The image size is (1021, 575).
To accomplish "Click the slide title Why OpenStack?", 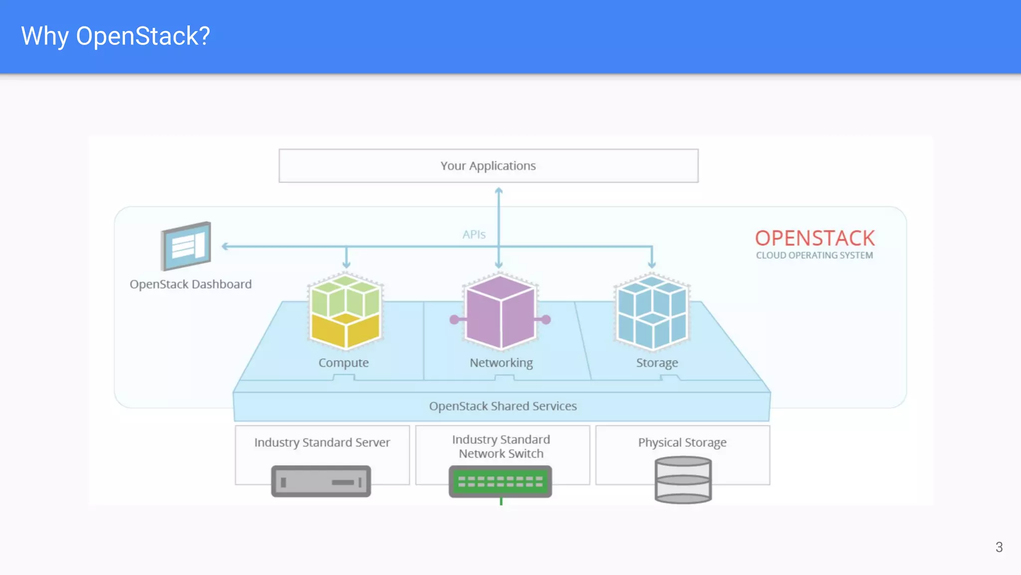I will point(116,36).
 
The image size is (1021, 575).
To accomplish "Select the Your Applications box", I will point(488,166).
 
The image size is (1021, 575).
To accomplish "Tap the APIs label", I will point(474,235).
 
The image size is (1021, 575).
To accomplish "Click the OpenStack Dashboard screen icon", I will point(186,246).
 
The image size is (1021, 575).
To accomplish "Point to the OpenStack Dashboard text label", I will point(190,285).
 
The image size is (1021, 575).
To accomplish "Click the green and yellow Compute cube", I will point(345,311).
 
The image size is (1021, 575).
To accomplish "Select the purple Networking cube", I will point(500,312).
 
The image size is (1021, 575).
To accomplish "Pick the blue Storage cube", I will point(652,311).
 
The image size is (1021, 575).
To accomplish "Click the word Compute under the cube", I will point(343,363).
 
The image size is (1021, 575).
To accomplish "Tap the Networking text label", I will point(501,363).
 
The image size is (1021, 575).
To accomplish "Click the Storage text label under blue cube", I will point(657,363).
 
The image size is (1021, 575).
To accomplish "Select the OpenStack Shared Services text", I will point(503,406).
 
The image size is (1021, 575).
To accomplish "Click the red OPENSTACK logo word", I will point(815,239).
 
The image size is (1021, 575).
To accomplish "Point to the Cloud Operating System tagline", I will point(814,256).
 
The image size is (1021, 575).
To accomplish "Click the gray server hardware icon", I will point(321,481).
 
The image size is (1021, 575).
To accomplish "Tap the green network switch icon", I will point(500,482).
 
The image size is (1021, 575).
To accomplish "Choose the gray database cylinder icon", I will point(682,480).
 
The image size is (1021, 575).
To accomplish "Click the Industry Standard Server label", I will point(322,443).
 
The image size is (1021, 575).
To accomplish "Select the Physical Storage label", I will point(682,443).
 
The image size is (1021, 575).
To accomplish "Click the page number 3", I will point(999,547).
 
